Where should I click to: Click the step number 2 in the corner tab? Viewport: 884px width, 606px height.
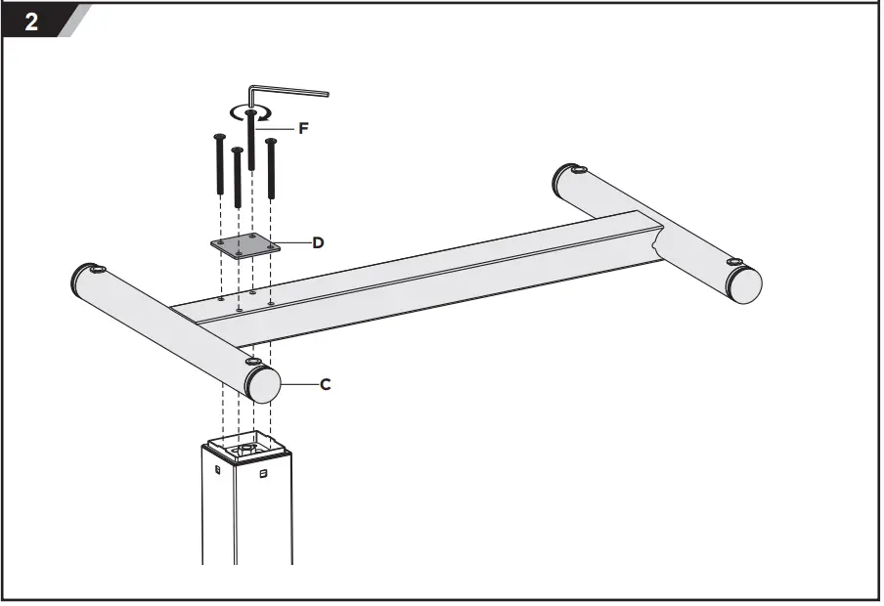pos(31,22)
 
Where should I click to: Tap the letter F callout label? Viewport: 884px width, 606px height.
pos(303,127)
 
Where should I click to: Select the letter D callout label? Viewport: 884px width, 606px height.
pos(318,241)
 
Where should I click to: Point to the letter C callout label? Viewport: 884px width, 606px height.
pos(326,384)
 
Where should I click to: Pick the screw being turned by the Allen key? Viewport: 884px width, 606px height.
pos(252,142)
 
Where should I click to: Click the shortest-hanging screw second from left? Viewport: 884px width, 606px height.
pos(237,176)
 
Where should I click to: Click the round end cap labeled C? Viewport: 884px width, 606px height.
pos(262,384)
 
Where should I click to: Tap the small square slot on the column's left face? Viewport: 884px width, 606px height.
pos(217,468)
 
